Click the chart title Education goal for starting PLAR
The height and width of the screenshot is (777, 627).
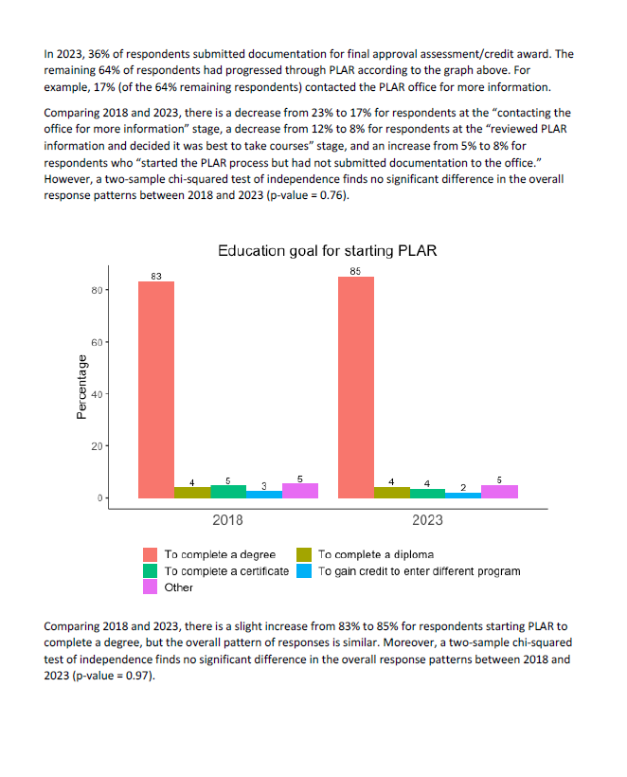pyautogui.click(x=328, y=251)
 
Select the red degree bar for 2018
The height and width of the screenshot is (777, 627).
pyautogui.click(x=156, y=389)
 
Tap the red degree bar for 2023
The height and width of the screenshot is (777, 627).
pyautogui.click(x=356, y=387)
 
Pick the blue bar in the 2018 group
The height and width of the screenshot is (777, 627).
pyautogui.click(x=264, y=494)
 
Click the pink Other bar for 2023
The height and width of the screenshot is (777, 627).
pyautogui.click(x=499, y=492)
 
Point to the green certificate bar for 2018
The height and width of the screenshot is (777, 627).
pyautogui.click(x=228, y=492)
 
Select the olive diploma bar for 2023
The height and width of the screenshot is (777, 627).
pyautogui.click(x=392, y=493)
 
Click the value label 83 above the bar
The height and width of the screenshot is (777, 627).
pyautogui.click(x=156, y=276)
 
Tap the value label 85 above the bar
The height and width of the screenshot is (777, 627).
pyautogui.click(x=355, y=271)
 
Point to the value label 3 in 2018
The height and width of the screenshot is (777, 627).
pyautogui.click(x=264, y=486)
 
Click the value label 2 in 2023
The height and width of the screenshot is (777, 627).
pyautogui.click(x=463, y=488)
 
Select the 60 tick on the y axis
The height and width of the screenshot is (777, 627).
pyautogui.click(x=97, y=342)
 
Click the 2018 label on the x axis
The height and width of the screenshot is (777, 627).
pyautogui.click(x=227, y=520)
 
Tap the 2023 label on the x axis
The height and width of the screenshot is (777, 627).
pyautogui.click(x=427, y=520)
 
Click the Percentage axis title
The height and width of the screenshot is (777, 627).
pyautogui.click(x=81, y=387)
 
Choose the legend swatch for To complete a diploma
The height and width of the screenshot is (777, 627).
pyautogui.click(x=304, y=554)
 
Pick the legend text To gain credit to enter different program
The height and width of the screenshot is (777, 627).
pyautogui.click(x=419, y=570)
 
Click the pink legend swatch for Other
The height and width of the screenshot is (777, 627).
pyautogui.click(x=150, y=587)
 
